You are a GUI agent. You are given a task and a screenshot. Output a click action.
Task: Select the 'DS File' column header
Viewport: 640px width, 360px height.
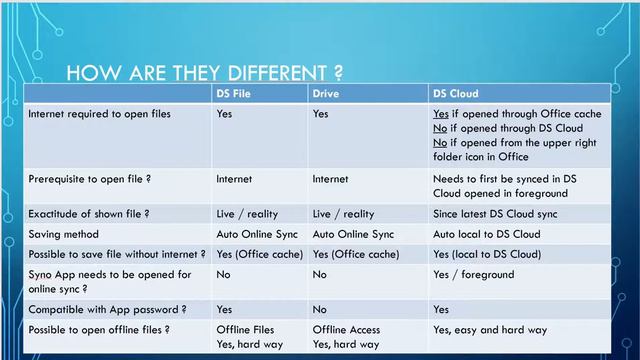tap(234, 94)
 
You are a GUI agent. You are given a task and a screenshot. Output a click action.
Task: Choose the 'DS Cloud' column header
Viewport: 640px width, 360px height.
tap(456, 94)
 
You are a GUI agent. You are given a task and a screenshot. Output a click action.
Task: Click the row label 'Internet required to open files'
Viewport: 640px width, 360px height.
tap(99, 114)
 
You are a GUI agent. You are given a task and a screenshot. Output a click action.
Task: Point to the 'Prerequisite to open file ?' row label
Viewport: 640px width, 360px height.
tap(90, 179)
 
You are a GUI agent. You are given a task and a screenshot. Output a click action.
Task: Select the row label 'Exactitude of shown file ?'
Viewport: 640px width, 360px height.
tap(89, 213)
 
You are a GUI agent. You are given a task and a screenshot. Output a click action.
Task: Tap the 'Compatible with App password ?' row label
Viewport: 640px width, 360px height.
tap(107, 310)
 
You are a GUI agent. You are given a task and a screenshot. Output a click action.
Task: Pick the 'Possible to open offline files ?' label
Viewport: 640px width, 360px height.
tap(105, 330)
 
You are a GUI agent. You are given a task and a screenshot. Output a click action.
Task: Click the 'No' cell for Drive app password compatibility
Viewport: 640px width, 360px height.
tap(321, 310)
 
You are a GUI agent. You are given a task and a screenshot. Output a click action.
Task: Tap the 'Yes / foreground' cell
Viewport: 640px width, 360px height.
tap(473, 274)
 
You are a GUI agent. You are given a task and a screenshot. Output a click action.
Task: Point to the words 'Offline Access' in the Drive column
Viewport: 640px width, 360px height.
tap(346, 330)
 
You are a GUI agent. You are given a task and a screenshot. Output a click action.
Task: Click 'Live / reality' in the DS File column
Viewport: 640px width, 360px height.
tap(246, 213)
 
